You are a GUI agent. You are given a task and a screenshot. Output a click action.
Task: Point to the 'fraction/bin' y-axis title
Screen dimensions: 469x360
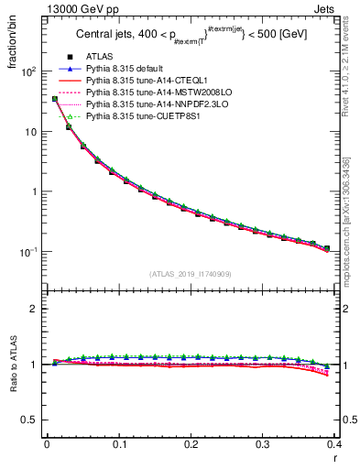(x=12, y=55)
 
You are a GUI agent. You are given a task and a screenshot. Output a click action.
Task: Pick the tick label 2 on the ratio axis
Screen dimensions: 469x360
(x=33, y=309)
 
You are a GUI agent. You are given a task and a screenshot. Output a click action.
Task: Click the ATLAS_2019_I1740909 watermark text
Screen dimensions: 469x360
(x=190, y=274)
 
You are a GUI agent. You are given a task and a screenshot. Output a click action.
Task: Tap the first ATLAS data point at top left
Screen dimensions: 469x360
(x=55, y=99)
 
